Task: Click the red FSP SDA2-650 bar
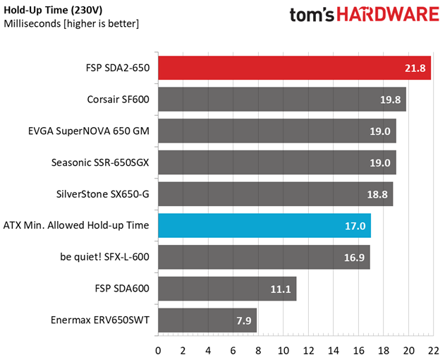[294, 68]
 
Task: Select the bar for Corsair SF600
[281, 100]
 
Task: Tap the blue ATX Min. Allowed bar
[264, 226]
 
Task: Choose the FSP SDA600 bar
[227, 288]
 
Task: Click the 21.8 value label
[415, 68]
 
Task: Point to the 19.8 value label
[390, 100]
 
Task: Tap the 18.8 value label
[378, 194]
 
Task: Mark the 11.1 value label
[281, 288]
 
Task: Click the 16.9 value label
[354, 257]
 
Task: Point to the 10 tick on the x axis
[283, 350]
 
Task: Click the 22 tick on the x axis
[432, 350]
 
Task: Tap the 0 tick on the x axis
[158, 350]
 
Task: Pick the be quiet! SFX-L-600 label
[104, 257]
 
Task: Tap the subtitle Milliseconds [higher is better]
[71, 24]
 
